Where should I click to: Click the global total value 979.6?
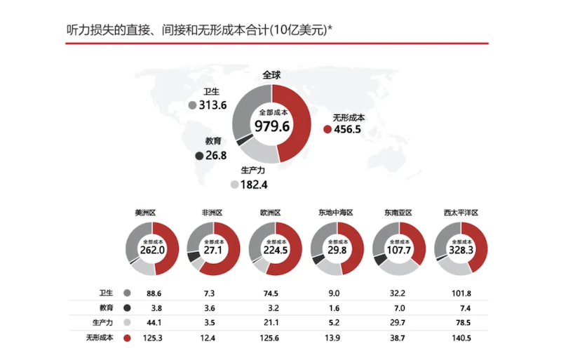pos(272,126)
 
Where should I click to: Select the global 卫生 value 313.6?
pos(212,105)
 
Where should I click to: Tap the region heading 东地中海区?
pos(335,213)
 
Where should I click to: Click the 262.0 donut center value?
pos(152,250)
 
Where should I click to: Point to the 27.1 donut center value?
pos(213,250)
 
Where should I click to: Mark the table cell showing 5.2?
pos(336,323)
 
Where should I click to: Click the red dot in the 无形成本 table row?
pos(127,338)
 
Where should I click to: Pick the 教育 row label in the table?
pos(105,308)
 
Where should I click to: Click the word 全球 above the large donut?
pos(272,74)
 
